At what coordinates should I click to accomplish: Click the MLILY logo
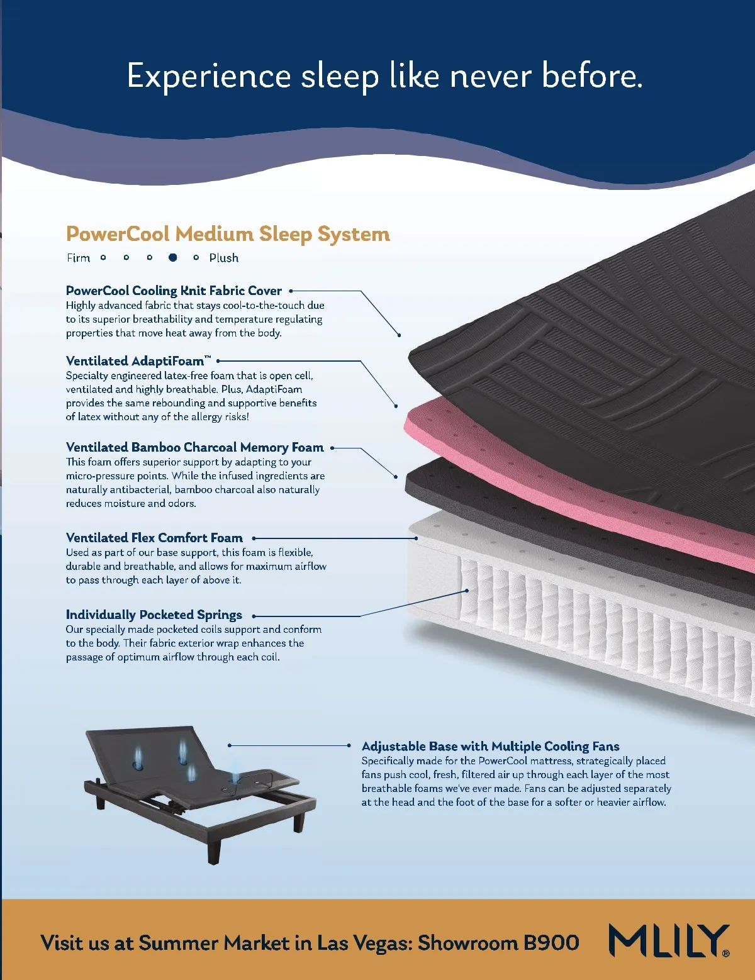pyautogui.click(x=669, y=941)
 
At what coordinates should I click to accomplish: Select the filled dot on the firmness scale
pyautogui.click(x=172, y=257)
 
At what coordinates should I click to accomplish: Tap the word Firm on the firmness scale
pyautogui.click(x=79, y=258)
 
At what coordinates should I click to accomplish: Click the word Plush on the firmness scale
pyautogui.click(x=224, y=258)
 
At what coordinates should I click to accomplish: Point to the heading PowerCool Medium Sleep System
pyautogui.click(x=228, y=234)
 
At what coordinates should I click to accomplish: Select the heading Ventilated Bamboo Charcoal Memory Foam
pyautogui.click(x=194, y=447)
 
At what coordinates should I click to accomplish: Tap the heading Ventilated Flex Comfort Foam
pyautogui.click(x=154, y=538)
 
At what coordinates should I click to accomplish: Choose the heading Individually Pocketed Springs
pyautogui.click(x=154, y=615)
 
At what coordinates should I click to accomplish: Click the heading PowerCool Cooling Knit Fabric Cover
pyautogui.click(x=174, y=291)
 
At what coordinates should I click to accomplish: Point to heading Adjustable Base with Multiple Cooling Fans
pyautogui.click(x=490, y=746)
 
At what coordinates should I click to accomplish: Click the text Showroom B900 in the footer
pyautogui.click(x=498, y=943)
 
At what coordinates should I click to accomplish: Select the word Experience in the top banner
pyautogui.click(x=208, y=76)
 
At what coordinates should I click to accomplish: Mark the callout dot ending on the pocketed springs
pyautogui.click(x=467, y=591)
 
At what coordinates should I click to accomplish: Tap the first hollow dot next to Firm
pyautogui.click(x=103, y=257)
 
